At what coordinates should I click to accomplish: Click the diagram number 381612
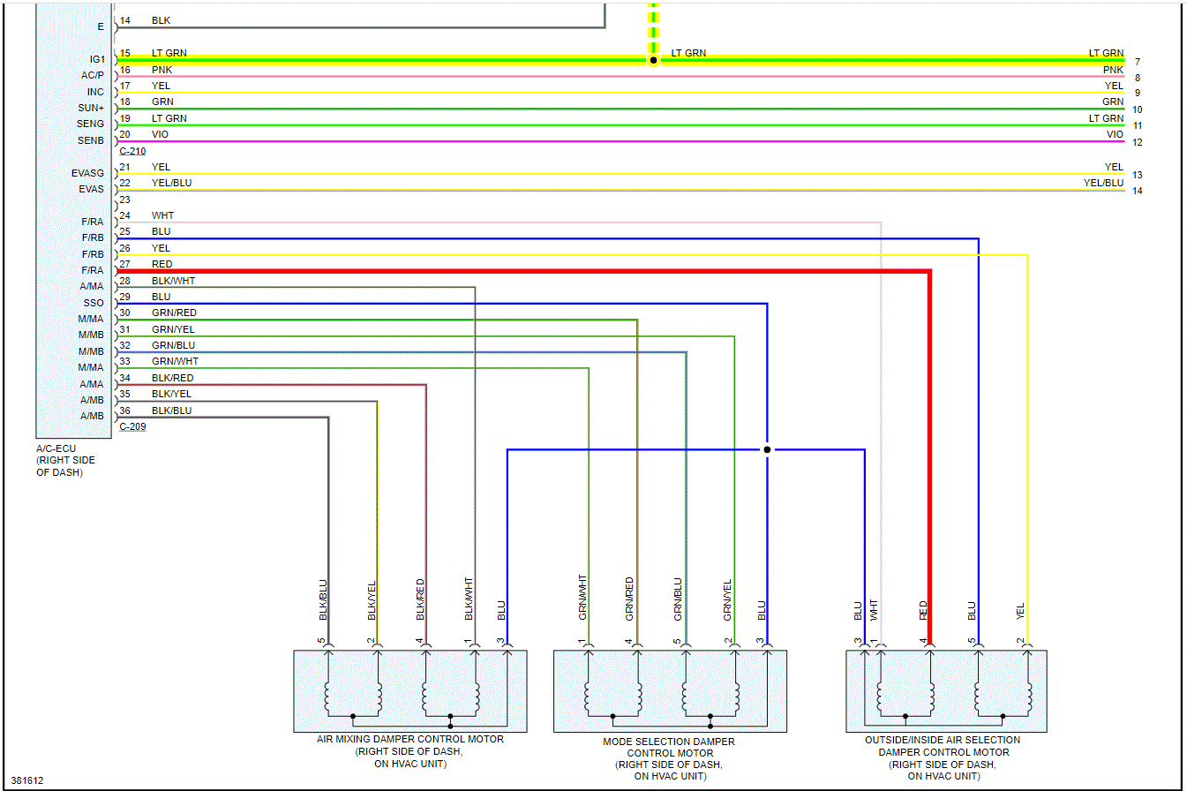pyautogui.click(x=26, y=780)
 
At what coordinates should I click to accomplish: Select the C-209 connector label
pyautogui.click(x=132, y=427)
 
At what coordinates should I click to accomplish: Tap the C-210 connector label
pyautogui.click(x=132, y=151)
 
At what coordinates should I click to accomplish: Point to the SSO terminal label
pyautogui.click(x=93, y=303)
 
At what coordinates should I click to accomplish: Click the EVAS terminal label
pyautogui.click(x=91, y=189)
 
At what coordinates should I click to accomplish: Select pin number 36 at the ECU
pyautogui.click(x=125, y=411)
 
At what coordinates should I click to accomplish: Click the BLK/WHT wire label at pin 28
pyautogui.click(x=173, y=281)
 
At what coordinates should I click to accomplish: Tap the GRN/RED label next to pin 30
pyautogui.click(x=174, y=313)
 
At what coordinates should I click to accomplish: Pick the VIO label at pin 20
pyautogui.click(x=160, y=134)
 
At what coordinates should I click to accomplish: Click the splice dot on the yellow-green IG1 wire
pyautogui.click(x=653, y=60)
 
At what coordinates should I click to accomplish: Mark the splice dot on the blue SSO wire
pyautogui.click(x=767, y=449)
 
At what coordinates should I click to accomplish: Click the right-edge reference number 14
pyautogui.click(x=1138, y=191)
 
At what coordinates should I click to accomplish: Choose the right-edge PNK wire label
pyautogui.click(x=1112, y=70)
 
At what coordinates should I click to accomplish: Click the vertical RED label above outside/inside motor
pyautogui.click(x=923, y=609)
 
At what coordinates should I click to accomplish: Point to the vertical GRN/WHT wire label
pyautogui.click(x=582, y=597)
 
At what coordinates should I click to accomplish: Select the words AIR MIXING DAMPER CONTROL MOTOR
pyautogui.click(x=410, y=739)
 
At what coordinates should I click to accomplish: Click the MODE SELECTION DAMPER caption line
pyautogui.click(x=669, y=742)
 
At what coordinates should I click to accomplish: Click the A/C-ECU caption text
pyautogui.click(x=56, y=448)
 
